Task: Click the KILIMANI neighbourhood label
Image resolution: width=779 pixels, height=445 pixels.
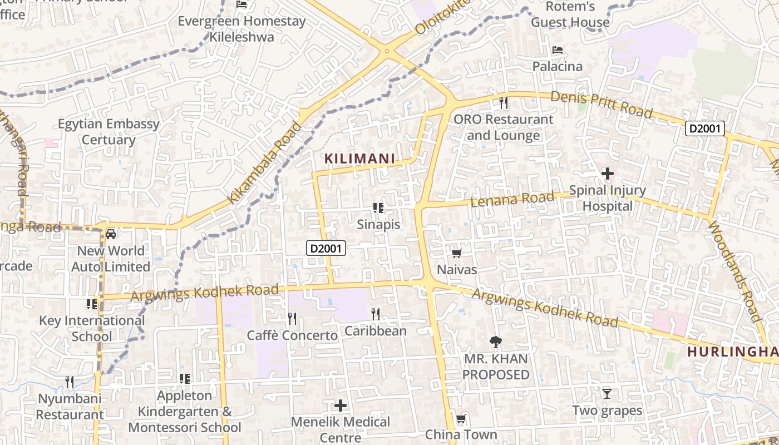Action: (359, 159)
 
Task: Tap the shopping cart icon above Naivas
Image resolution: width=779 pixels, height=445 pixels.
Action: (456, 254)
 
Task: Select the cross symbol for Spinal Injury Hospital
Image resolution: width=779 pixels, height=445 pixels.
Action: (607, 174)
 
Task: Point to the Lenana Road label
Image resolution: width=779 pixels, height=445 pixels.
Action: (512, 199)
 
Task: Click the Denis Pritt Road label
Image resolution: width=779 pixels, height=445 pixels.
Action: (601, 104)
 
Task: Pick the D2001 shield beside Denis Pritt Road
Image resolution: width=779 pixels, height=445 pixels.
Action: (704, 128)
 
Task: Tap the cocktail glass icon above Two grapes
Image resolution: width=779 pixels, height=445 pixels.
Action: (607, 394)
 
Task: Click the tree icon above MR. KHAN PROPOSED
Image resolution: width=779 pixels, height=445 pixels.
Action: (495, 342)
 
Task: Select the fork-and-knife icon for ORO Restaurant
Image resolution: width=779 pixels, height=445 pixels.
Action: (504, 102)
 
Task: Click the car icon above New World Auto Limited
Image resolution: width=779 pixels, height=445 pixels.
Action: (111, 234)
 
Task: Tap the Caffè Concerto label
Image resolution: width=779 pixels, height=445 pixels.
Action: (292, 335)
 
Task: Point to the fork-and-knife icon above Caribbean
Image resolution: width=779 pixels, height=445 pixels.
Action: (376, 314)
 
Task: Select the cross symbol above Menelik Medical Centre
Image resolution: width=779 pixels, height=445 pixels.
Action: (341, 405)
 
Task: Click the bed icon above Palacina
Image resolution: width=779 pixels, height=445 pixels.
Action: (557, 50)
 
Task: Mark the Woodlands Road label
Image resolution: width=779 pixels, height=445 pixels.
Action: (734, 271)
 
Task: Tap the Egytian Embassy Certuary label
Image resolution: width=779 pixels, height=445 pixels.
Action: (109, 132)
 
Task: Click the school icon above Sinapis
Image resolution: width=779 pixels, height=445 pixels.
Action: (378, 208)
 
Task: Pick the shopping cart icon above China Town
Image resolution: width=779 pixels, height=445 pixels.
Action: (461, 418)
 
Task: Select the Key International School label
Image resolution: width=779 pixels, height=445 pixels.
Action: (92, 328)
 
